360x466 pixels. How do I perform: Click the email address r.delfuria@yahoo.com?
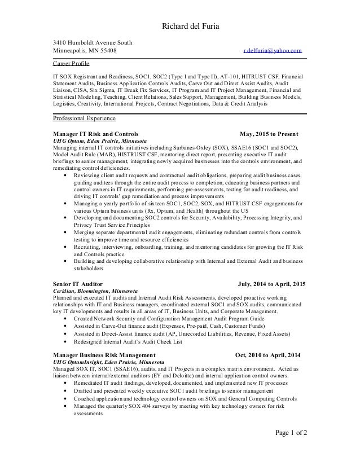(x=272, y=51)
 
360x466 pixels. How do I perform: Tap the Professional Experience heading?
(x=84, y=119)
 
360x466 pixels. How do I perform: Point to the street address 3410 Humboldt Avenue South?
(x=89, y=42)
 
